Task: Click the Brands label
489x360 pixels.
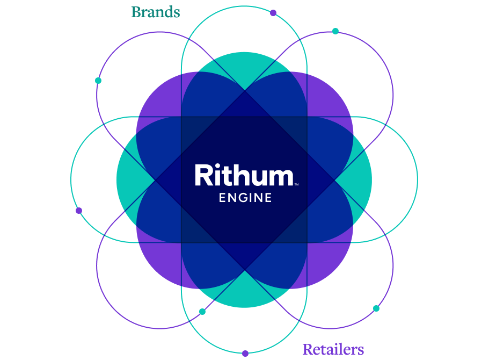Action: [156, 12]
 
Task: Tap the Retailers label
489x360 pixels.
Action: [333, 349]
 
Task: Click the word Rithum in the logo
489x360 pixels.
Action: [244, 176]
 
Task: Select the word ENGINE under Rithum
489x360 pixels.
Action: [245, 198]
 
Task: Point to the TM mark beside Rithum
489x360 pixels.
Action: [296, 184]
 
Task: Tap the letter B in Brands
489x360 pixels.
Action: [136, 12]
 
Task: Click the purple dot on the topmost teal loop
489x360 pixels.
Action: [273, 13]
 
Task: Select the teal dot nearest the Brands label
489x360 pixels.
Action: [98, 81]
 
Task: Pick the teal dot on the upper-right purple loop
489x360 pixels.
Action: [335, 31]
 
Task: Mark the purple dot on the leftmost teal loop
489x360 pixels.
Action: [79, 211]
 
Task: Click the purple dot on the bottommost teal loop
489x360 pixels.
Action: [245, 354]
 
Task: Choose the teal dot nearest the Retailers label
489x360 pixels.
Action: [376, 308]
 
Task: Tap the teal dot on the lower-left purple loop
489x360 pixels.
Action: [202, 312]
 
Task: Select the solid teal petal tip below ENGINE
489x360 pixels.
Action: [244, 293]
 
